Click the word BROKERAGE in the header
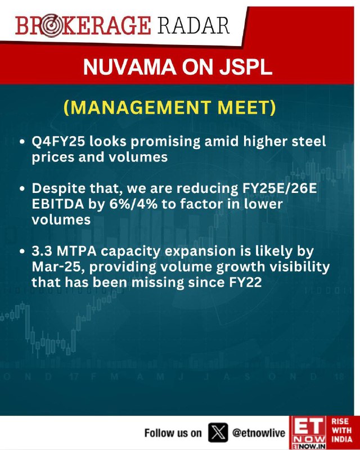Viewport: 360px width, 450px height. tap(83, 26)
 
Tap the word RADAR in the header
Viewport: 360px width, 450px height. tap(193, 25)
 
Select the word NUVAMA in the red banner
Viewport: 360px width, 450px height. tap(129, 67)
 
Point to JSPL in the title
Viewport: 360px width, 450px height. tap(245, 67)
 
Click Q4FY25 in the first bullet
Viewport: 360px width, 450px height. tap(58, 142)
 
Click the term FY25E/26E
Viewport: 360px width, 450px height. tap(278, 188)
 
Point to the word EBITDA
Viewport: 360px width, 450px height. tap(58, 204)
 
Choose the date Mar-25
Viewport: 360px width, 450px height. tap(58, 267)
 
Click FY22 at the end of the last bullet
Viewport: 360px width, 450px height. tap(246, 282)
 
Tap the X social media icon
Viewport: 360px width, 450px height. tap(218, 433)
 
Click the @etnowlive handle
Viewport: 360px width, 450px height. tap(259, 433)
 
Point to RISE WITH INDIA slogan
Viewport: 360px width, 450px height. tap(341, 430)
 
